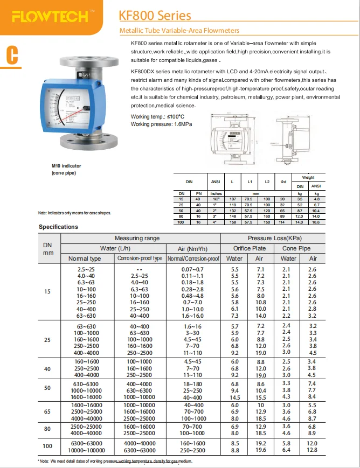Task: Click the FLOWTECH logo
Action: click(x=50, y=16)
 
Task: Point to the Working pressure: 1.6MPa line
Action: click(x=162, y=124)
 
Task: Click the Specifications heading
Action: click(x=58, y=227)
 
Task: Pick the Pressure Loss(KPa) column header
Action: click(x=274, y=238)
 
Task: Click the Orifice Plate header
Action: click(x=249, y=248)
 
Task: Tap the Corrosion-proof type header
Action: click(x=140, y=259)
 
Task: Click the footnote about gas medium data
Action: click(x=115, y=461)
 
